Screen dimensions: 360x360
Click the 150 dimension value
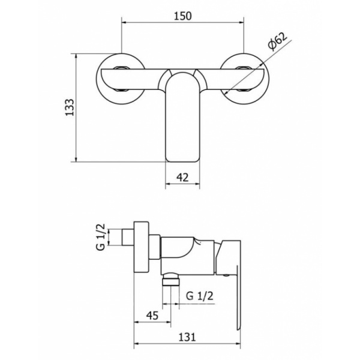pos(183,16)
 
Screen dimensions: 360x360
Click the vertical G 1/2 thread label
pos(101,237)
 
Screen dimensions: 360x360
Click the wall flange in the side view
pos(141,247)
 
